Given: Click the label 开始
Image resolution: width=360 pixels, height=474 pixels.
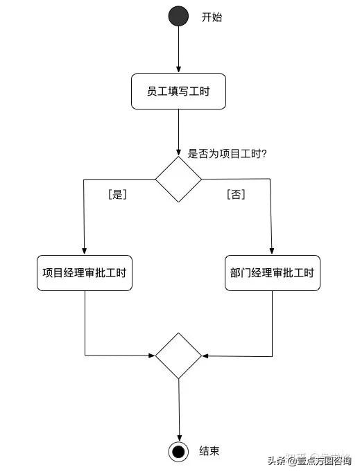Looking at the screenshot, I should [x=212, y=17].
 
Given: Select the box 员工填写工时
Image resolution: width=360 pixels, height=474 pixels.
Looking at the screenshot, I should [x=178, y=91].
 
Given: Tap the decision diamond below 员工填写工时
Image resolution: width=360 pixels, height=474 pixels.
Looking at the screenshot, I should [x=178, y=179].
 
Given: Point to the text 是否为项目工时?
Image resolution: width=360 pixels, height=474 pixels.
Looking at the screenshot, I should [x=228, y=154].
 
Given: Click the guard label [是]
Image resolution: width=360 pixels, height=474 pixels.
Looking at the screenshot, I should [x=117, y=195].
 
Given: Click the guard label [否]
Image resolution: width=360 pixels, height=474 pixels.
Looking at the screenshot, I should [x=236, y=195].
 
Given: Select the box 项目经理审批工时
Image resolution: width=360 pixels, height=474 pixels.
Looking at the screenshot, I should [x=84, y=273].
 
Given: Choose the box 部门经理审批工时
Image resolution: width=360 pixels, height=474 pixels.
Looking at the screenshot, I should [x=272, y=273].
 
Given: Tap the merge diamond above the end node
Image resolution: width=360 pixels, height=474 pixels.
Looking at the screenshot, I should [x=178, y=355].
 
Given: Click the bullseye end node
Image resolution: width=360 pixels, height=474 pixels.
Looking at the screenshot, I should [x=178, y=452].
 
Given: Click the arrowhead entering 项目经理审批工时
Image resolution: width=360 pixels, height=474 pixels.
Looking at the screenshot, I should [x=84, y=251].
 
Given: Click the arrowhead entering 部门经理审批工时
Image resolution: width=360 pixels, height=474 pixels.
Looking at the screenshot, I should [x=272, y=251].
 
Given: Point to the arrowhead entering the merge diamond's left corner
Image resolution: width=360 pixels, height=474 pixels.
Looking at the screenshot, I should [x=151, y=355].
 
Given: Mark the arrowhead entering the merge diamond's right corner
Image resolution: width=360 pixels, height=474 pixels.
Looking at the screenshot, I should [x=206, y=356].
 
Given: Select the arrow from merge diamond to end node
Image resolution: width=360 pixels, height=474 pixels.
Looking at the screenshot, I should [x=178, y=409].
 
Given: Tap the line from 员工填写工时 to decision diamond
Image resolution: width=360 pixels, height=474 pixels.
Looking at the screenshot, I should [x=178, y=132].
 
